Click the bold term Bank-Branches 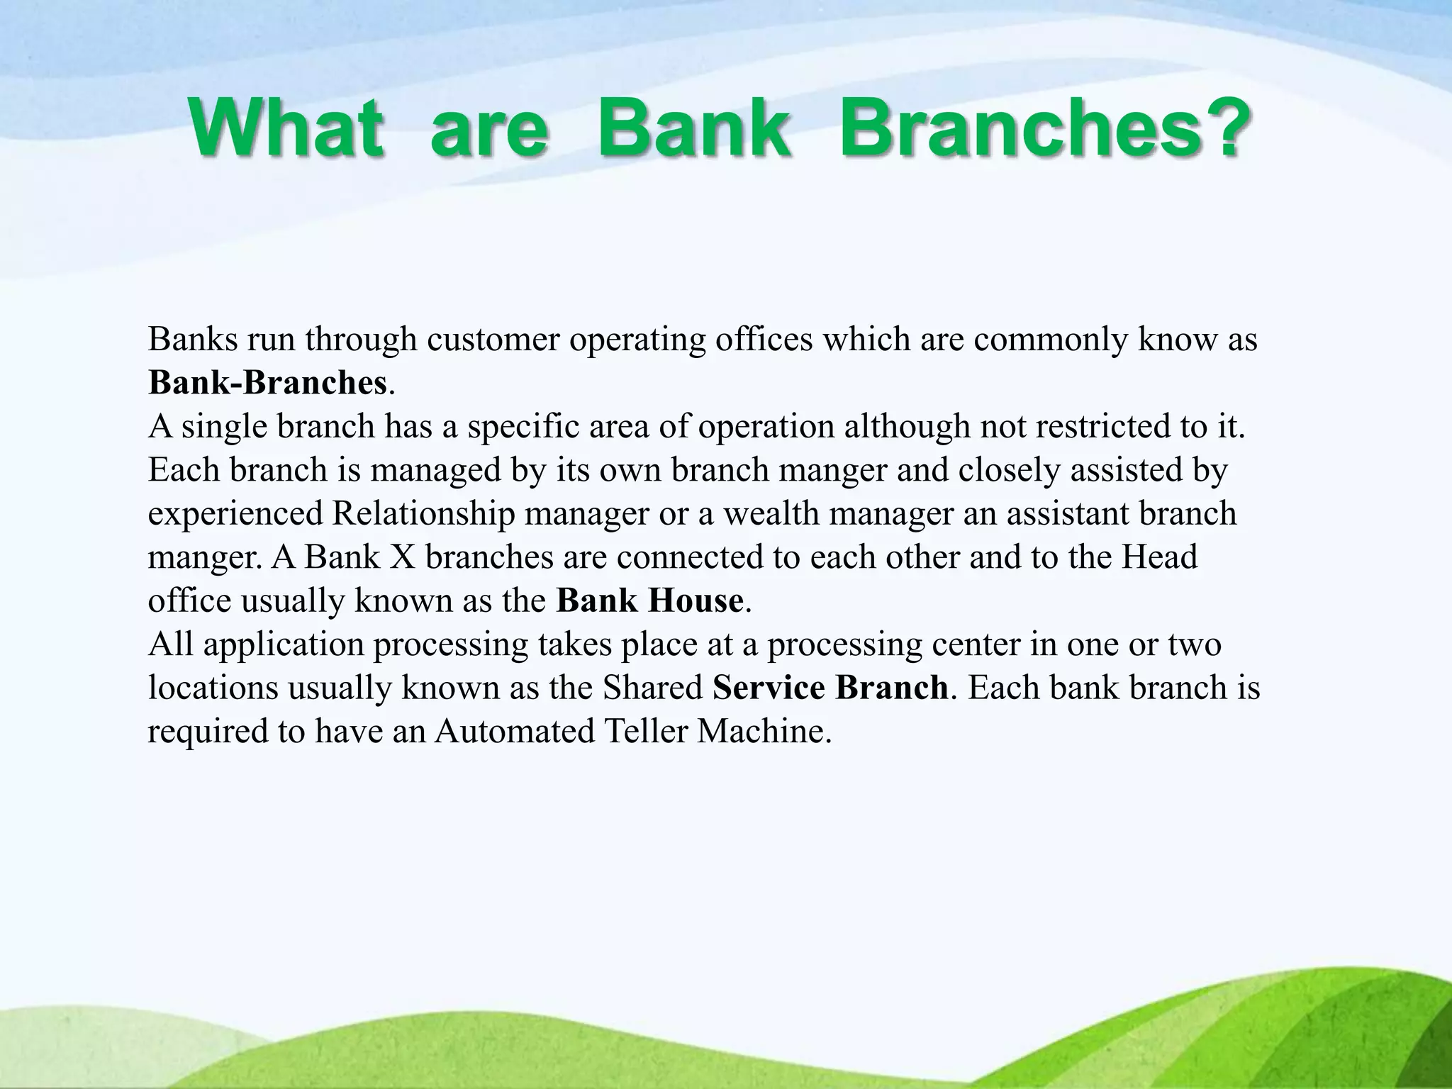coord(268,383)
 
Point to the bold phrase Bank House coord(649,601)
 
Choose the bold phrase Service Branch coord(830,688)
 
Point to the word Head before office coord(1159,557)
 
